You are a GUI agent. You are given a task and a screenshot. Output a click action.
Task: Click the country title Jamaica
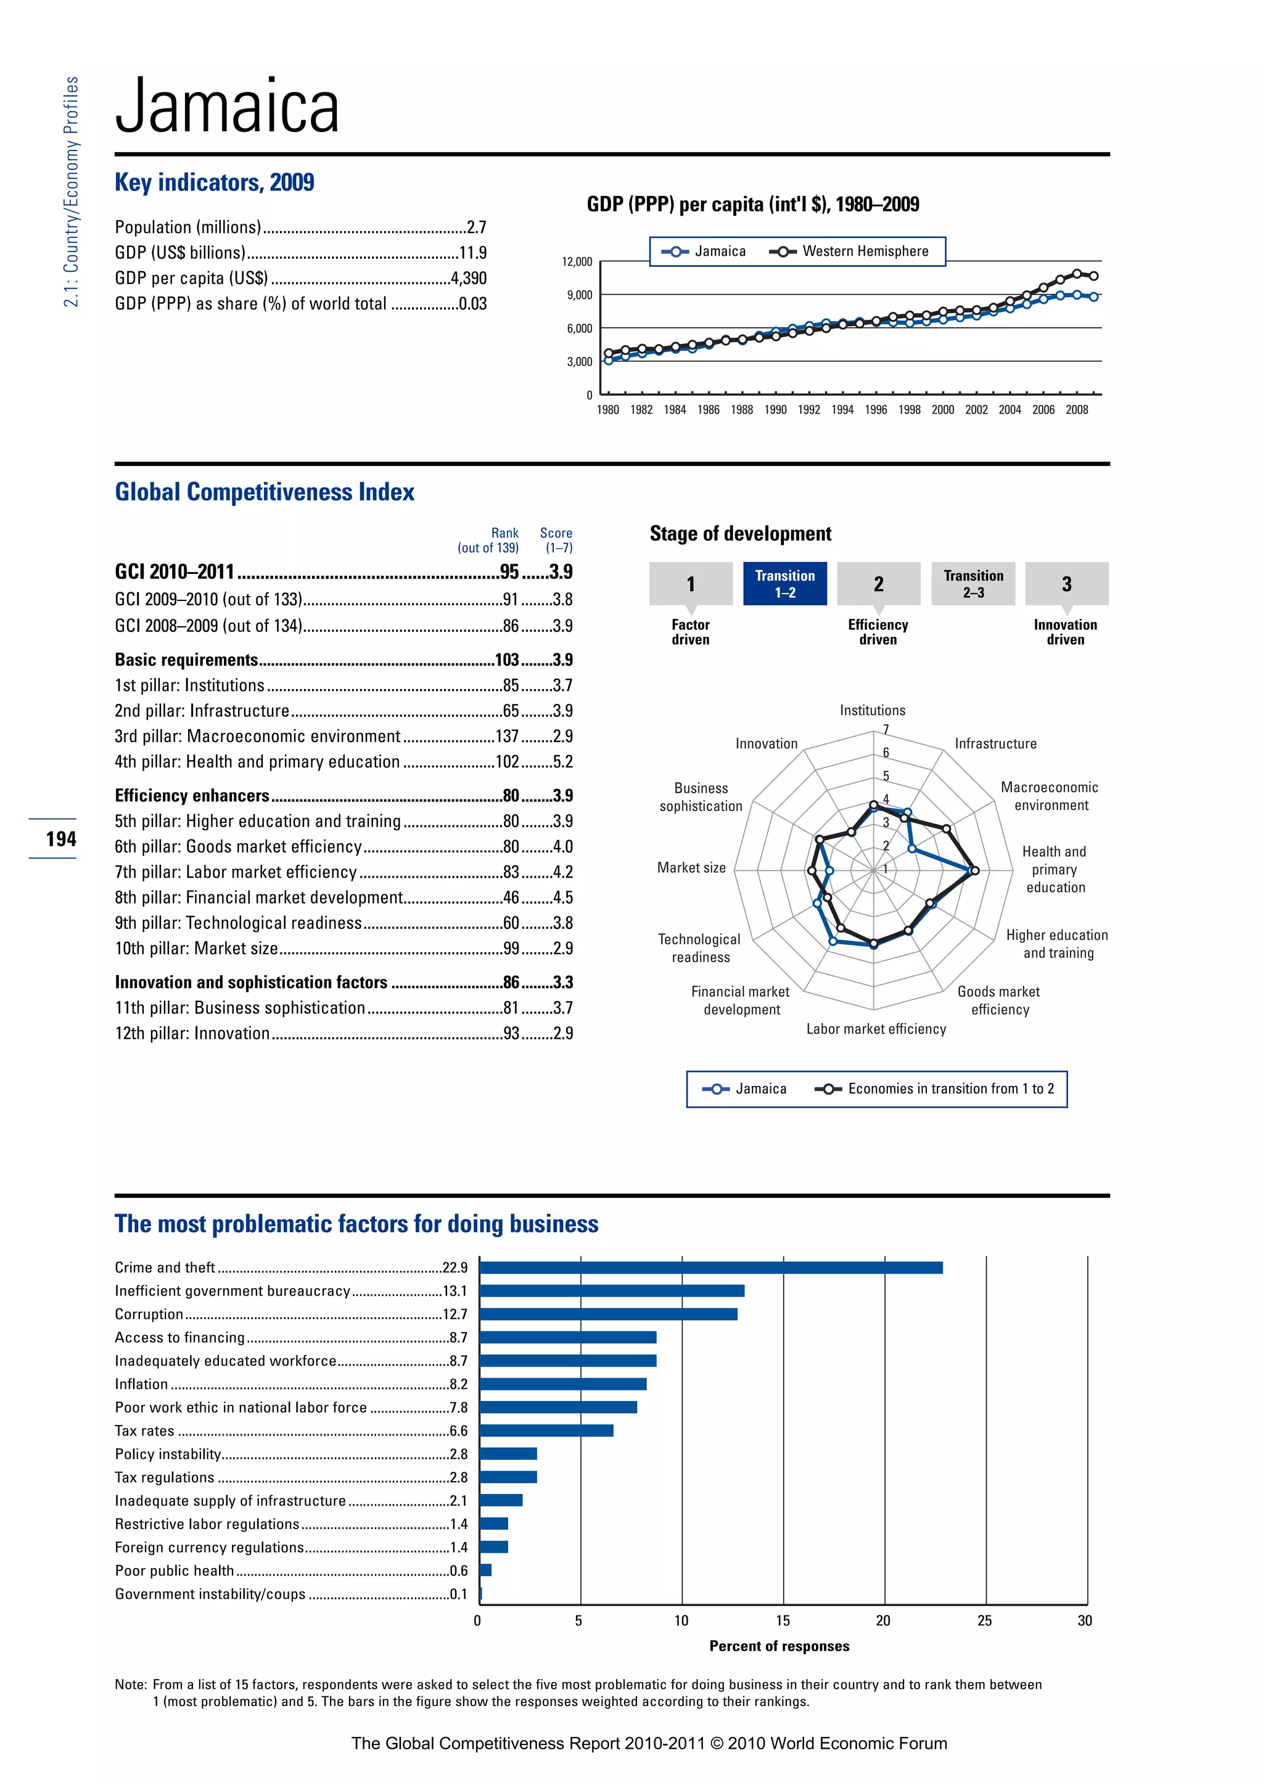[227, 107]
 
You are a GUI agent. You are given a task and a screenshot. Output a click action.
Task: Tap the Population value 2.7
[476, 227]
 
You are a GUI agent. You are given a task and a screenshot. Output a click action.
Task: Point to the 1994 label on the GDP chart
[842, 410]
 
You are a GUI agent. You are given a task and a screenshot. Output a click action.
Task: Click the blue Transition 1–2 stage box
[784, 583]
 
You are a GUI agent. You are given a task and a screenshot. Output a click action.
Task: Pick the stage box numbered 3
[1066, 583]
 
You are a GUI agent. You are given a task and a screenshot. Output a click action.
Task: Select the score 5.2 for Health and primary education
[562, 762]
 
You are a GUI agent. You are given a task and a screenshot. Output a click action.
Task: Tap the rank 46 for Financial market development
[511, 897]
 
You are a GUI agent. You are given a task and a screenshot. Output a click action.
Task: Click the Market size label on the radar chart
[691, 868]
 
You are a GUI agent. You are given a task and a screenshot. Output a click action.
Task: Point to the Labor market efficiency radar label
[876, 1029]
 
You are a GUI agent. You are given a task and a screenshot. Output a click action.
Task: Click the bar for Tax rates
[546, 1431]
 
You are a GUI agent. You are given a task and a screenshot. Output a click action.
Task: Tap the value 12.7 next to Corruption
[455, 1314]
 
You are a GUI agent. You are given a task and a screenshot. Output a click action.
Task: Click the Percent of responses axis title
[780, 1646]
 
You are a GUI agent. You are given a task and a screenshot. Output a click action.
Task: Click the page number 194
[60, 839]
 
